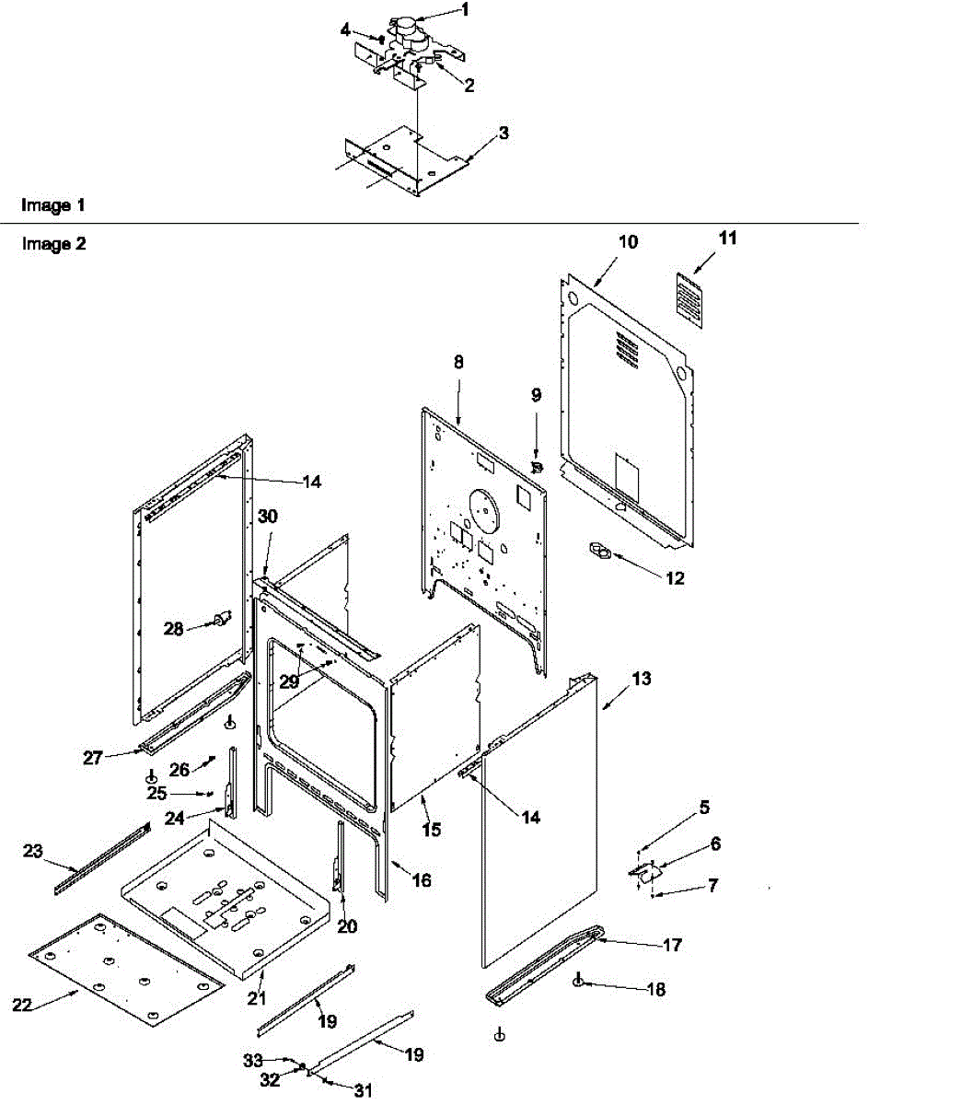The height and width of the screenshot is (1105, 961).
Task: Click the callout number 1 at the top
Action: coord(465,10)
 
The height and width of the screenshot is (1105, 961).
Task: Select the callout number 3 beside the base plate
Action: coord(503,134)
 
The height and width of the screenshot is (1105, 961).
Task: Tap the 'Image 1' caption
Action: coord(53,205)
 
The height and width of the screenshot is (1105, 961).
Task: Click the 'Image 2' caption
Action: coord(53,244)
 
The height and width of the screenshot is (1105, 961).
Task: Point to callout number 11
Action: coord(727,238)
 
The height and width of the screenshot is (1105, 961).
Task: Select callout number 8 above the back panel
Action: coord(458,362)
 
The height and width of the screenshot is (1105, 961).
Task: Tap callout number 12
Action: coord(675,578)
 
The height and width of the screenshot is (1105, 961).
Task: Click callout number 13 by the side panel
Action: coord(642,679)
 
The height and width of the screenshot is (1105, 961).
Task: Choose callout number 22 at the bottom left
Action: coord(21,1005)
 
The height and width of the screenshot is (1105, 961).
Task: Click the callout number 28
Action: coord(174,629)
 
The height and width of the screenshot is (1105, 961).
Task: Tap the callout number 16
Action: coord(421,880)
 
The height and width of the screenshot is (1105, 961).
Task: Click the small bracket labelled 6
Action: coord(645,868)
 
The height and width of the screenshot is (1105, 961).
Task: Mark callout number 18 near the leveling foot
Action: coord(655,990)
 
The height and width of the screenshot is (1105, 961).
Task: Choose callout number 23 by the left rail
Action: coord(32,852)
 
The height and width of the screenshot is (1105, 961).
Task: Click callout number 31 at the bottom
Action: coord(364,1090)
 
